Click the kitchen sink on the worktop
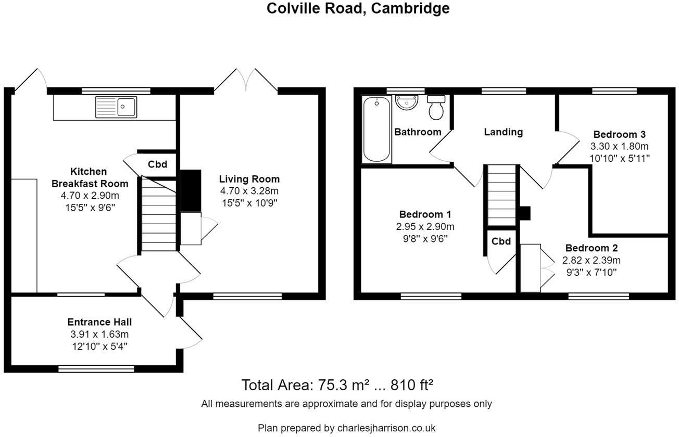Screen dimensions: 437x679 [x=116, y=107]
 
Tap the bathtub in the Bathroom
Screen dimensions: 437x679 [x=376, y=130]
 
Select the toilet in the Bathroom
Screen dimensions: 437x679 [x=435, y=107]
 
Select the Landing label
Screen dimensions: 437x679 [x=503, y=132]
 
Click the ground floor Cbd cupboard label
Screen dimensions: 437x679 [x=157, y=164]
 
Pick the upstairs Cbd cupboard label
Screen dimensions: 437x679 [x=501, y=241]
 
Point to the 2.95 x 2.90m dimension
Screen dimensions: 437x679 [x=425, y=227]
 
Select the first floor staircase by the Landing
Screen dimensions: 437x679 [x=501, y=195]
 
